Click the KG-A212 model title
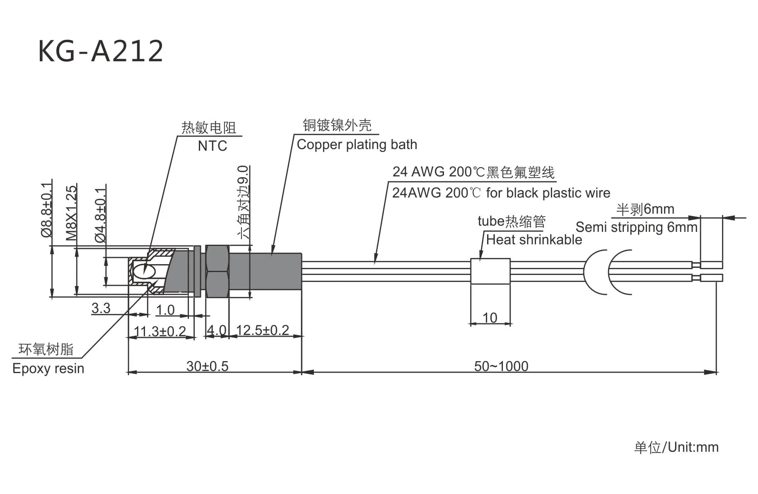tap(101, 51)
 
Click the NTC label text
tap(212, 146)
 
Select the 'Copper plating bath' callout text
tap(357, 145)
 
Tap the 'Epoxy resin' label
tap(48, 369)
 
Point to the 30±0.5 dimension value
tap(207, 366)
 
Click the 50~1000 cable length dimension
tap(501, 366)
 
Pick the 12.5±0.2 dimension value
tap(262, 330)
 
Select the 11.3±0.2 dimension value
tap(160, 331)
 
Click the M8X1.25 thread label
tap(72, 213)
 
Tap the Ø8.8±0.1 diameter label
tap(47, 209)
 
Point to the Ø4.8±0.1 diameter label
tap(101, 214)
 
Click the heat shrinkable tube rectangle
tap(490, 271)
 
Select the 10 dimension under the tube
tap(490, 318)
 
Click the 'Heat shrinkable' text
tap(533, 240)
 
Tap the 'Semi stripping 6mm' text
tap(636, 227)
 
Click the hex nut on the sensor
tap(217, 271)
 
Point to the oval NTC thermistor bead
tap(143, 271)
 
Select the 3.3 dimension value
tap(101, 308)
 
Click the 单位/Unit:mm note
tap(676, 447)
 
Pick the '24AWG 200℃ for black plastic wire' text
tap(501, 193)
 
